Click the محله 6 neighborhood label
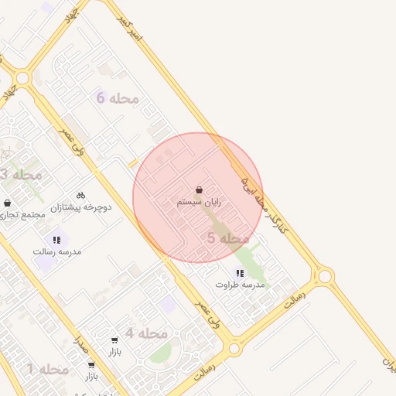click(117, 97)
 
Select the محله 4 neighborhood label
click(146, 333)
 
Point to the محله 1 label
click(48, 370)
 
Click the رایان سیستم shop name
click(199, 202)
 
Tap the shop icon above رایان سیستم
click(200, 189)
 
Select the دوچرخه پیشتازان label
click(81, 208)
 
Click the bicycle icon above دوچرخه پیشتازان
click(80, 196)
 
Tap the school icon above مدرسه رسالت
click(56, 240)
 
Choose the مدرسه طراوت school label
click(240, 285)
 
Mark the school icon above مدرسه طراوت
click(240, 273)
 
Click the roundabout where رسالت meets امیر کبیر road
click(325, 275)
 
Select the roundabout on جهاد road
click(22, 78)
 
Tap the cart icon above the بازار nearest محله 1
click(91, 365)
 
